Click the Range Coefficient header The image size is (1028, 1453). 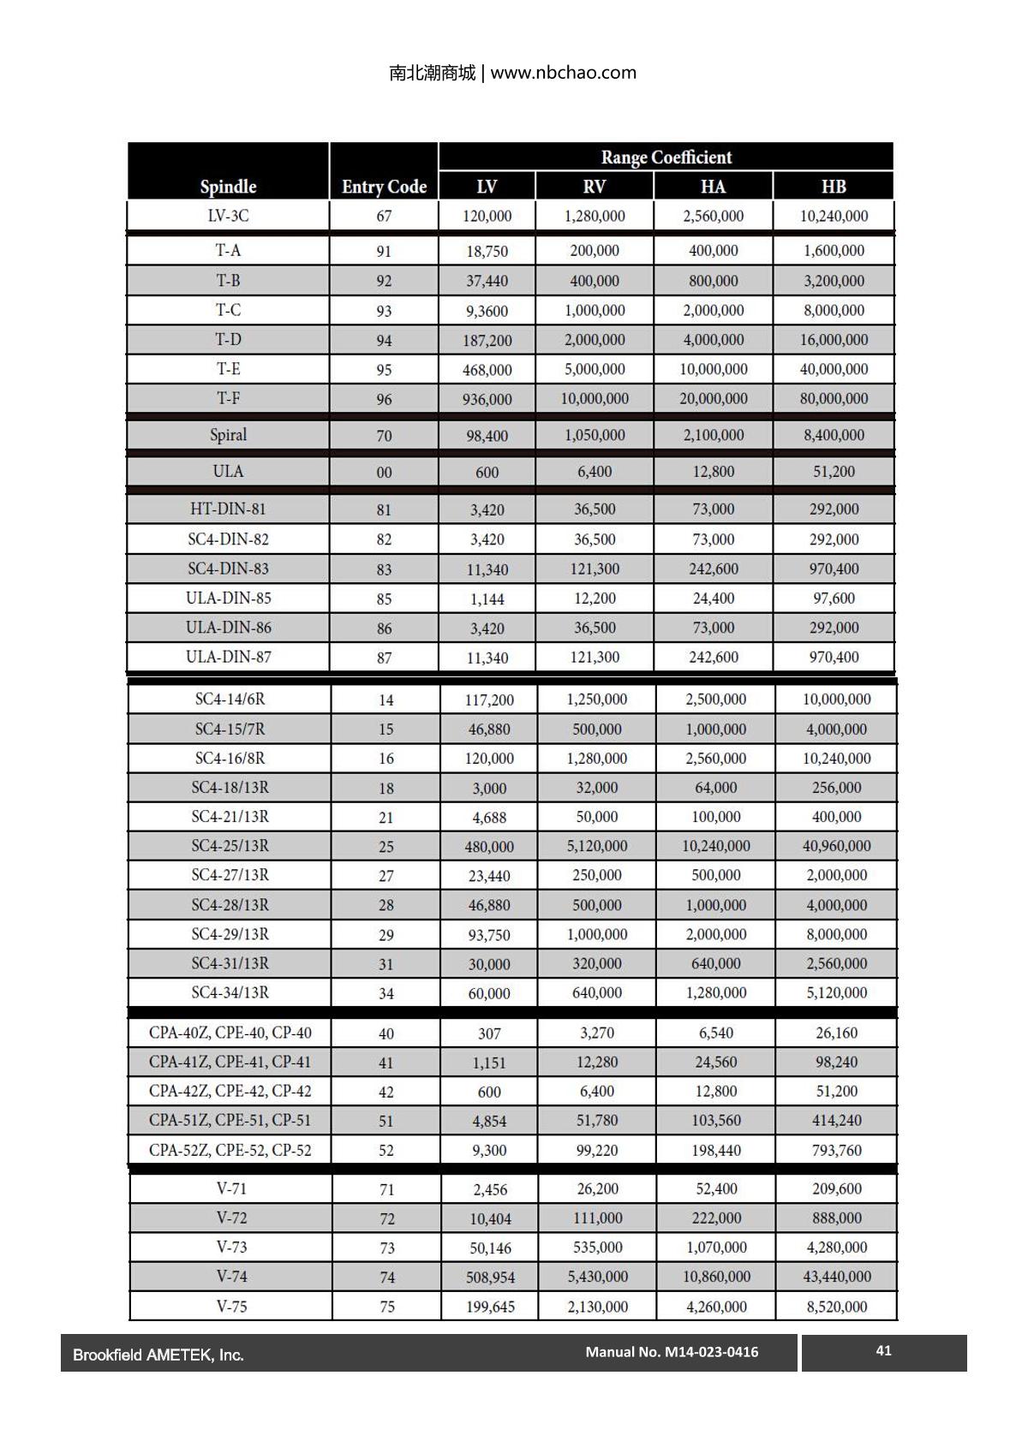click(666, 158)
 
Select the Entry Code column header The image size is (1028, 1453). click(384, 187)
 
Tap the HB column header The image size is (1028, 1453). click(833, 187)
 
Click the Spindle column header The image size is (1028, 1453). click(228, 187)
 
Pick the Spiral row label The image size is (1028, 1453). click(228, 435)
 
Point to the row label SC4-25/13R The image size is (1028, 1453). click(230, 846)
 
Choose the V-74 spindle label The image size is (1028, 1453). click(231, 1277)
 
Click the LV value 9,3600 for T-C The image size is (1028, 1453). click(487, 311)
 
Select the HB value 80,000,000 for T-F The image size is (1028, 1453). click(834, 399)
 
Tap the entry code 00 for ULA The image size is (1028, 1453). click(384, 473)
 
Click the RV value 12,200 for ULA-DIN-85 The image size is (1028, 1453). click(595, 598)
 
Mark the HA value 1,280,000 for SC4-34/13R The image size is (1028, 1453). click(715, 993)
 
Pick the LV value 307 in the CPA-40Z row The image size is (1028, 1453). click(489, 1033)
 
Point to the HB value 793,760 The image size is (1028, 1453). click(836, 1150)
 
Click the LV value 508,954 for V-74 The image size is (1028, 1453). click(490, 1277)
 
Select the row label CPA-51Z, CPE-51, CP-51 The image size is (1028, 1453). click(230, 1121)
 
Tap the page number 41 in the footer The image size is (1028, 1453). click(884, 1350)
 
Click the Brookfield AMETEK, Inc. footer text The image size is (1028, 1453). click(158, 1355)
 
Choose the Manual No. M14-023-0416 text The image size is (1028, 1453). click(672, 1352)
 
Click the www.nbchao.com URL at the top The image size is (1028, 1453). click(563, 73)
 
